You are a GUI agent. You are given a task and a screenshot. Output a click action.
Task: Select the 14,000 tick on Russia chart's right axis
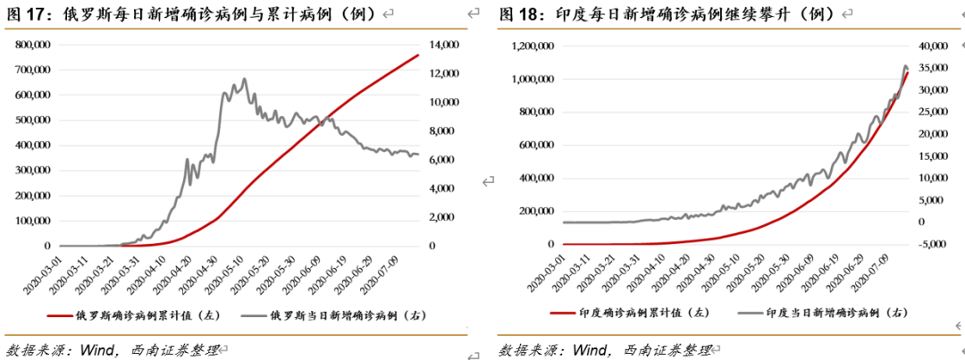pos(444,44)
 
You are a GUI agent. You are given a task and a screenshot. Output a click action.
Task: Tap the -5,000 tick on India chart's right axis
pos(934,244)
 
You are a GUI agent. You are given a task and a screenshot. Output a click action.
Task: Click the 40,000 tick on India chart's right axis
pos(935,45)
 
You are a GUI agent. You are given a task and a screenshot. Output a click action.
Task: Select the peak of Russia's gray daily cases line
pos(245,79)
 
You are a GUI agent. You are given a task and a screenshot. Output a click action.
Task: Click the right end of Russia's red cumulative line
pos(418,55)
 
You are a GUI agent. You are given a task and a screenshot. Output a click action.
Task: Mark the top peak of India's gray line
pos(905,66)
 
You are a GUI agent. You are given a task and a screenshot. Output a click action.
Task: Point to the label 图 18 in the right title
pos(517,14)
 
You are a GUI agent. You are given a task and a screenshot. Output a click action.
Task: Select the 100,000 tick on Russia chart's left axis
pos(32,220)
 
